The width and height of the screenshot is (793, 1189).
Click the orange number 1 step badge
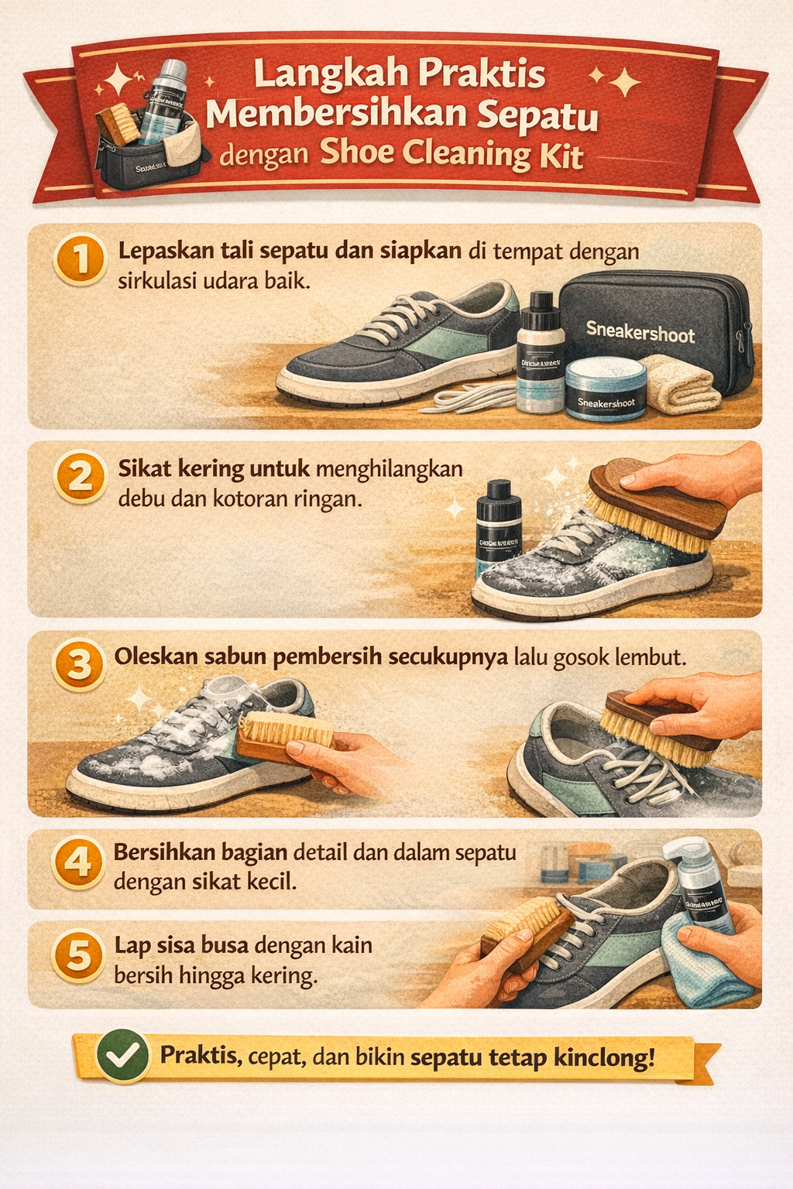[80, 259]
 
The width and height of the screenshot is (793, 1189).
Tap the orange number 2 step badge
[80, 477]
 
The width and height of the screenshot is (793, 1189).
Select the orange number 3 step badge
[79, 665]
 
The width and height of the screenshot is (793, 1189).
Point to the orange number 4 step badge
[77, 862]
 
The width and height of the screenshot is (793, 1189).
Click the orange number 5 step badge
[78, 954]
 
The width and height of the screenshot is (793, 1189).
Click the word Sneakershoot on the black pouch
[640, 333]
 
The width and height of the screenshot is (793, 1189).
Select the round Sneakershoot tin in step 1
[606, 390]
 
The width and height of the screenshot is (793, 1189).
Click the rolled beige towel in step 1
[679, 384]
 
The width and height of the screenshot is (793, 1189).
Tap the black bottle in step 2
[498, 530]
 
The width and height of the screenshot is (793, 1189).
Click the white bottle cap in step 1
[541, 300]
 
